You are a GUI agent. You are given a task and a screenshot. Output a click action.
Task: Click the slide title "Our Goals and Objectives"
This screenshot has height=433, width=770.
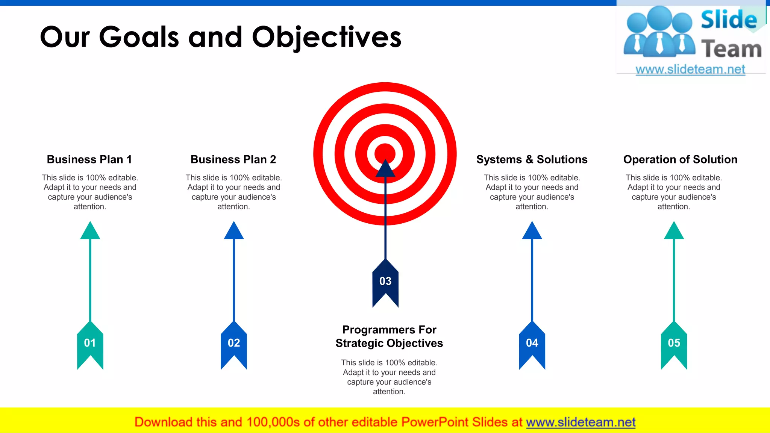point(221,38)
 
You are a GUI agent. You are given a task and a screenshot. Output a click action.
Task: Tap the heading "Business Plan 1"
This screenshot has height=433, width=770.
point(89,159)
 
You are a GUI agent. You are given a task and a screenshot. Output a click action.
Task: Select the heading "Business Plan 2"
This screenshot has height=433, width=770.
point(233,159)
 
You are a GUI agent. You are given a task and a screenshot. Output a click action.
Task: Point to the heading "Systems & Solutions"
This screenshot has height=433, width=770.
point(532,159)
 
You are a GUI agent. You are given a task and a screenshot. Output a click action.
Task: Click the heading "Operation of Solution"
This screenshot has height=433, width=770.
point(680,159)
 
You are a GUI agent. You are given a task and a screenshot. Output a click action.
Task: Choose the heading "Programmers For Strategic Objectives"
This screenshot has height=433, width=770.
point(389,336)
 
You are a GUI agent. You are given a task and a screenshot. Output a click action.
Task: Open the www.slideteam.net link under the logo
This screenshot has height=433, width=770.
point(690,70)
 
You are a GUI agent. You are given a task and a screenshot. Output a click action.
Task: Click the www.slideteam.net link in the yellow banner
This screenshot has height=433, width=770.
point(581,422)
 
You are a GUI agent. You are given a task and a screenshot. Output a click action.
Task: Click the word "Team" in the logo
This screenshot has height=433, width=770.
point(731,49)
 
